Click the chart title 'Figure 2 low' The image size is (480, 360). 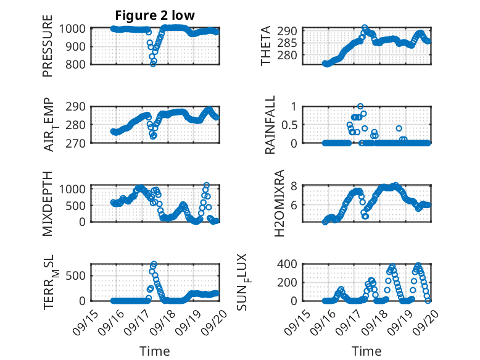point(155,16)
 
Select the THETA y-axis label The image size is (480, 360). point(266,46)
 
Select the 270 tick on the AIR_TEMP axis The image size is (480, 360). point(79,143)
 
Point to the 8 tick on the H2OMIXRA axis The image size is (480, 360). point(296,186)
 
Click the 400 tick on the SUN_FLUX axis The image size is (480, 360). point(292,264)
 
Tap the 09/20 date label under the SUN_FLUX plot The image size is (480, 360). point(424,320)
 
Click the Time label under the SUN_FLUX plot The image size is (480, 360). point(366,351)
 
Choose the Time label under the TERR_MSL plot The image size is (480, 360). point(154,351)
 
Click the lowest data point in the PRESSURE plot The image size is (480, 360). point(153,63)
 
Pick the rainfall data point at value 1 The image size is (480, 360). point(360,106)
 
